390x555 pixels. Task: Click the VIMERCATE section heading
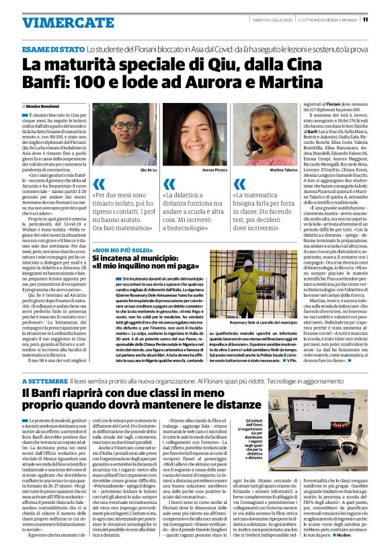pos(58,22)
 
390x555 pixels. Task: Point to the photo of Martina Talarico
pos(265,134)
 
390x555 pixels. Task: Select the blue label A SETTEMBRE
pos(45,381)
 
